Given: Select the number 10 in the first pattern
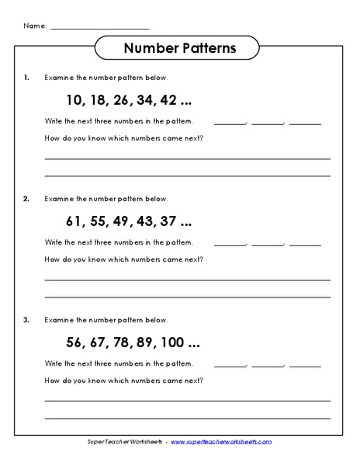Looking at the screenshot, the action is click(x=74, y=100).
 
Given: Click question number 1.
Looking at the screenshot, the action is click(x=27, y=78).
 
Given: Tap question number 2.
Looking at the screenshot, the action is click(x=27, y=199).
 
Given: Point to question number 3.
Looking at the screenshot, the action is click(x=27, y=320).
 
